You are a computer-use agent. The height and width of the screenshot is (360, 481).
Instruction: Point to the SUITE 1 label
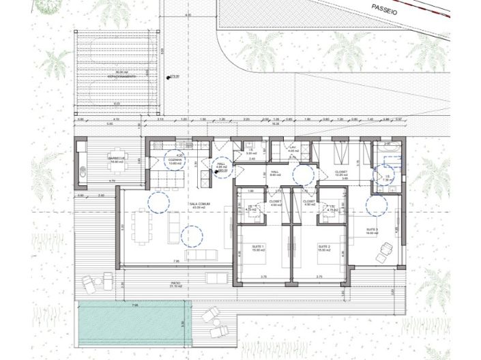tap(258, 246)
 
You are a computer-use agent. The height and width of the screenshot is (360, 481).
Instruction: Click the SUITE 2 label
tap(323, 246)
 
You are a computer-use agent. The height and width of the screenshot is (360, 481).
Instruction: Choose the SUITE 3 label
tap(373, 230)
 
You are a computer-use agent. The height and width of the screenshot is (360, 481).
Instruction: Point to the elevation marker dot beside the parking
tap(169, 78)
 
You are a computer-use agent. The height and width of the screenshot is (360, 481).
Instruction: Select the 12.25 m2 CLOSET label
tap(342, 173)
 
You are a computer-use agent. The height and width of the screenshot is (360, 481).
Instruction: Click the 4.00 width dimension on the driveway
tap(188, 14)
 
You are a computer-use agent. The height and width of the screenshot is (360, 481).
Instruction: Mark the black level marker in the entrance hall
tap(216, 172)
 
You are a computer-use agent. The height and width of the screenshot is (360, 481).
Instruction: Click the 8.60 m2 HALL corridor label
tap(276, 173)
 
